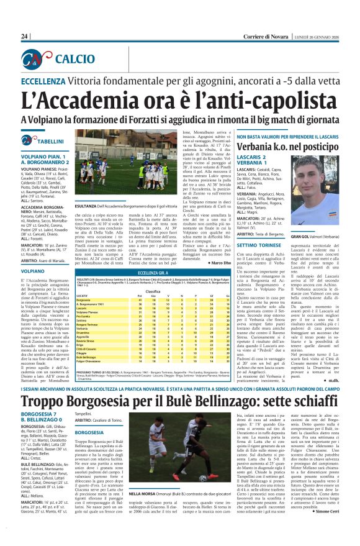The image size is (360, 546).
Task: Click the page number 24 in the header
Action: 25,37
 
